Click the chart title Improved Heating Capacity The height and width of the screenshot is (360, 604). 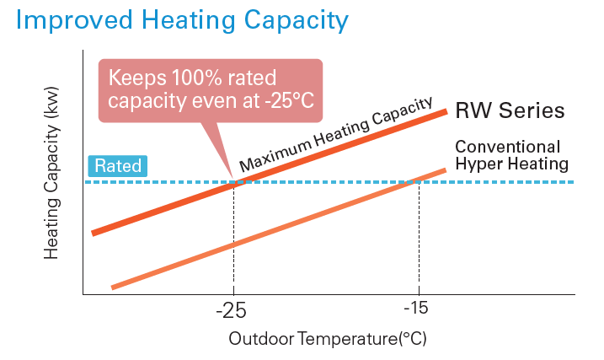tap(181, 20)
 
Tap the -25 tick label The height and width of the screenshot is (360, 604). tap(230, 311)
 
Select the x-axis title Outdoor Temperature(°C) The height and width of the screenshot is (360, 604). tap(328, 340)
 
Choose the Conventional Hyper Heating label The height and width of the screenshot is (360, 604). tap(512, 154)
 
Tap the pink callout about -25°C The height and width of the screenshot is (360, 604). tap(211, 89)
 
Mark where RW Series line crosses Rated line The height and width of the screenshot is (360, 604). tap(234, 182)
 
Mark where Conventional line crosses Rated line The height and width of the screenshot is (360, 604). tap(419, 182)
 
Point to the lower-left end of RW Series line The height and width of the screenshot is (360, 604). tap(94, 233)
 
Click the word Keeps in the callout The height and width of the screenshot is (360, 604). tap(137, 78)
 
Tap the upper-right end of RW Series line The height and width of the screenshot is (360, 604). tap(444, 111)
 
